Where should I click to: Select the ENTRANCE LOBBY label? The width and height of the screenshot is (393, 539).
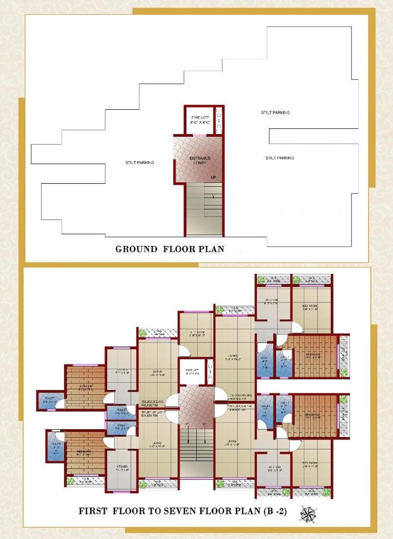pyautogui.click(x=200, y=160)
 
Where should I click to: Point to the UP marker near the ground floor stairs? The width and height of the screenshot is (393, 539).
pyautogui.click(x=213, y=177)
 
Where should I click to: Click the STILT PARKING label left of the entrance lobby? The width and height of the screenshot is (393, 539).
pyautogui.click(x=139, y=163)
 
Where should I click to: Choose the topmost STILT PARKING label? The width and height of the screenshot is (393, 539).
pyautogui.click(x=275, y=112)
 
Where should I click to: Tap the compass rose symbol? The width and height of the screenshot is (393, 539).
pyautogui.click(x=307, y=512)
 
